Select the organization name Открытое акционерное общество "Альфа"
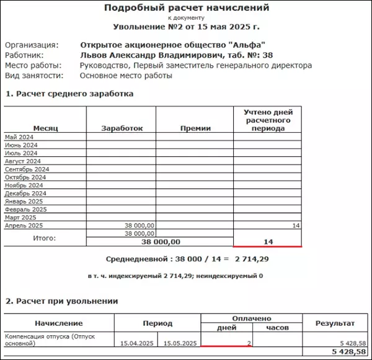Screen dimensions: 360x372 pyautogui.click(x=173, y=45)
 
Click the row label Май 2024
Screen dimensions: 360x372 pyautogui.click(x=19, y=137)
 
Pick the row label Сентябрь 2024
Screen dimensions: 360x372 pyautogui.click(x=27, y=169)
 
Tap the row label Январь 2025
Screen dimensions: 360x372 pyautogui.click(x=24, y=201)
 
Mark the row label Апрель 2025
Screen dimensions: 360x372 pyautogui.click(x=23, y=225)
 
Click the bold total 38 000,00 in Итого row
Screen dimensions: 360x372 pyautogui.click(x=161, y=241)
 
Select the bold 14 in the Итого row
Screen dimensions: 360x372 pyautogui.click(x=268, y=241)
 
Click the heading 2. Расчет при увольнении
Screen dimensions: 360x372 pyautogui.click(x=62, y=301)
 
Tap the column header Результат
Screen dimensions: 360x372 pyautogui.click(x=335, y=323)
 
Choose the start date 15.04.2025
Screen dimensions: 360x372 pyautogui.click(x=136, y=343)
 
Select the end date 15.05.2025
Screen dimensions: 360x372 pyautogui.click(x=180, y=343)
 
